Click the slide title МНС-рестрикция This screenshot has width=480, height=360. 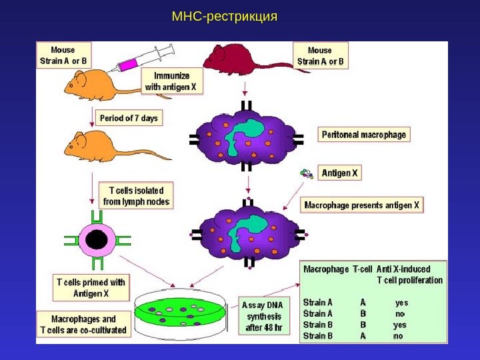pyautogui.click(x=224, y=15)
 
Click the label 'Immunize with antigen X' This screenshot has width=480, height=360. pyautogui.click(x=173, y=81)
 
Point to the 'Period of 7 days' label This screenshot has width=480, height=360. pyautogui.click(x=129, y=119)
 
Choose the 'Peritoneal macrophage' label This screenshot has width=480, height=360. pyautogui.click(x=363, y=135)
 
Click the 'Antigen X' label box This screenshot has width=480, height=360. pyautogui.click(x=340, y=173)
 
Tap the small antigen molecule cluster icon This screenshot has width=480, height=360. pyautogui.click(x=306, y=173)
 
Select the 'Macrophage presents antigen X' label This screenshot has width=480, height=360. pyautogui.click(x=362, y=205)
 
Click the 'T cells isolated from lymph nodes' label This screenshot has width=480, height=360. pyautogui.click(x=136, y=195)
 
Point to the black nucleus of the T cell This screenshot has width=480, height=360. pyautogui.click(x=97, y=240)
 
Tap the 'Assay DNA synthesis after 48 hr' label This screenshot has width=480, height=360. pyautogui.click(x=264, y=317)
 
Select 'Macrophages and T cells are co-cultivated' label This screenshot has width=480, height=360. pyautogui.click(x=83, y=325)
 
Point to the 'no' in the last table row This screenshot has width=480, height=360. pyautogui.click(x=399, y=336)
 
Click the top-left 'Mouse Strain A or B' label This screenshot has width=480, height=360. pyautogui.click(x=63, y=55)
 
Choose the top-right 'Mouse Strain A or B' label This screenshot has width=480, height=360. pyautogui.click(x=320, y=56)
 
